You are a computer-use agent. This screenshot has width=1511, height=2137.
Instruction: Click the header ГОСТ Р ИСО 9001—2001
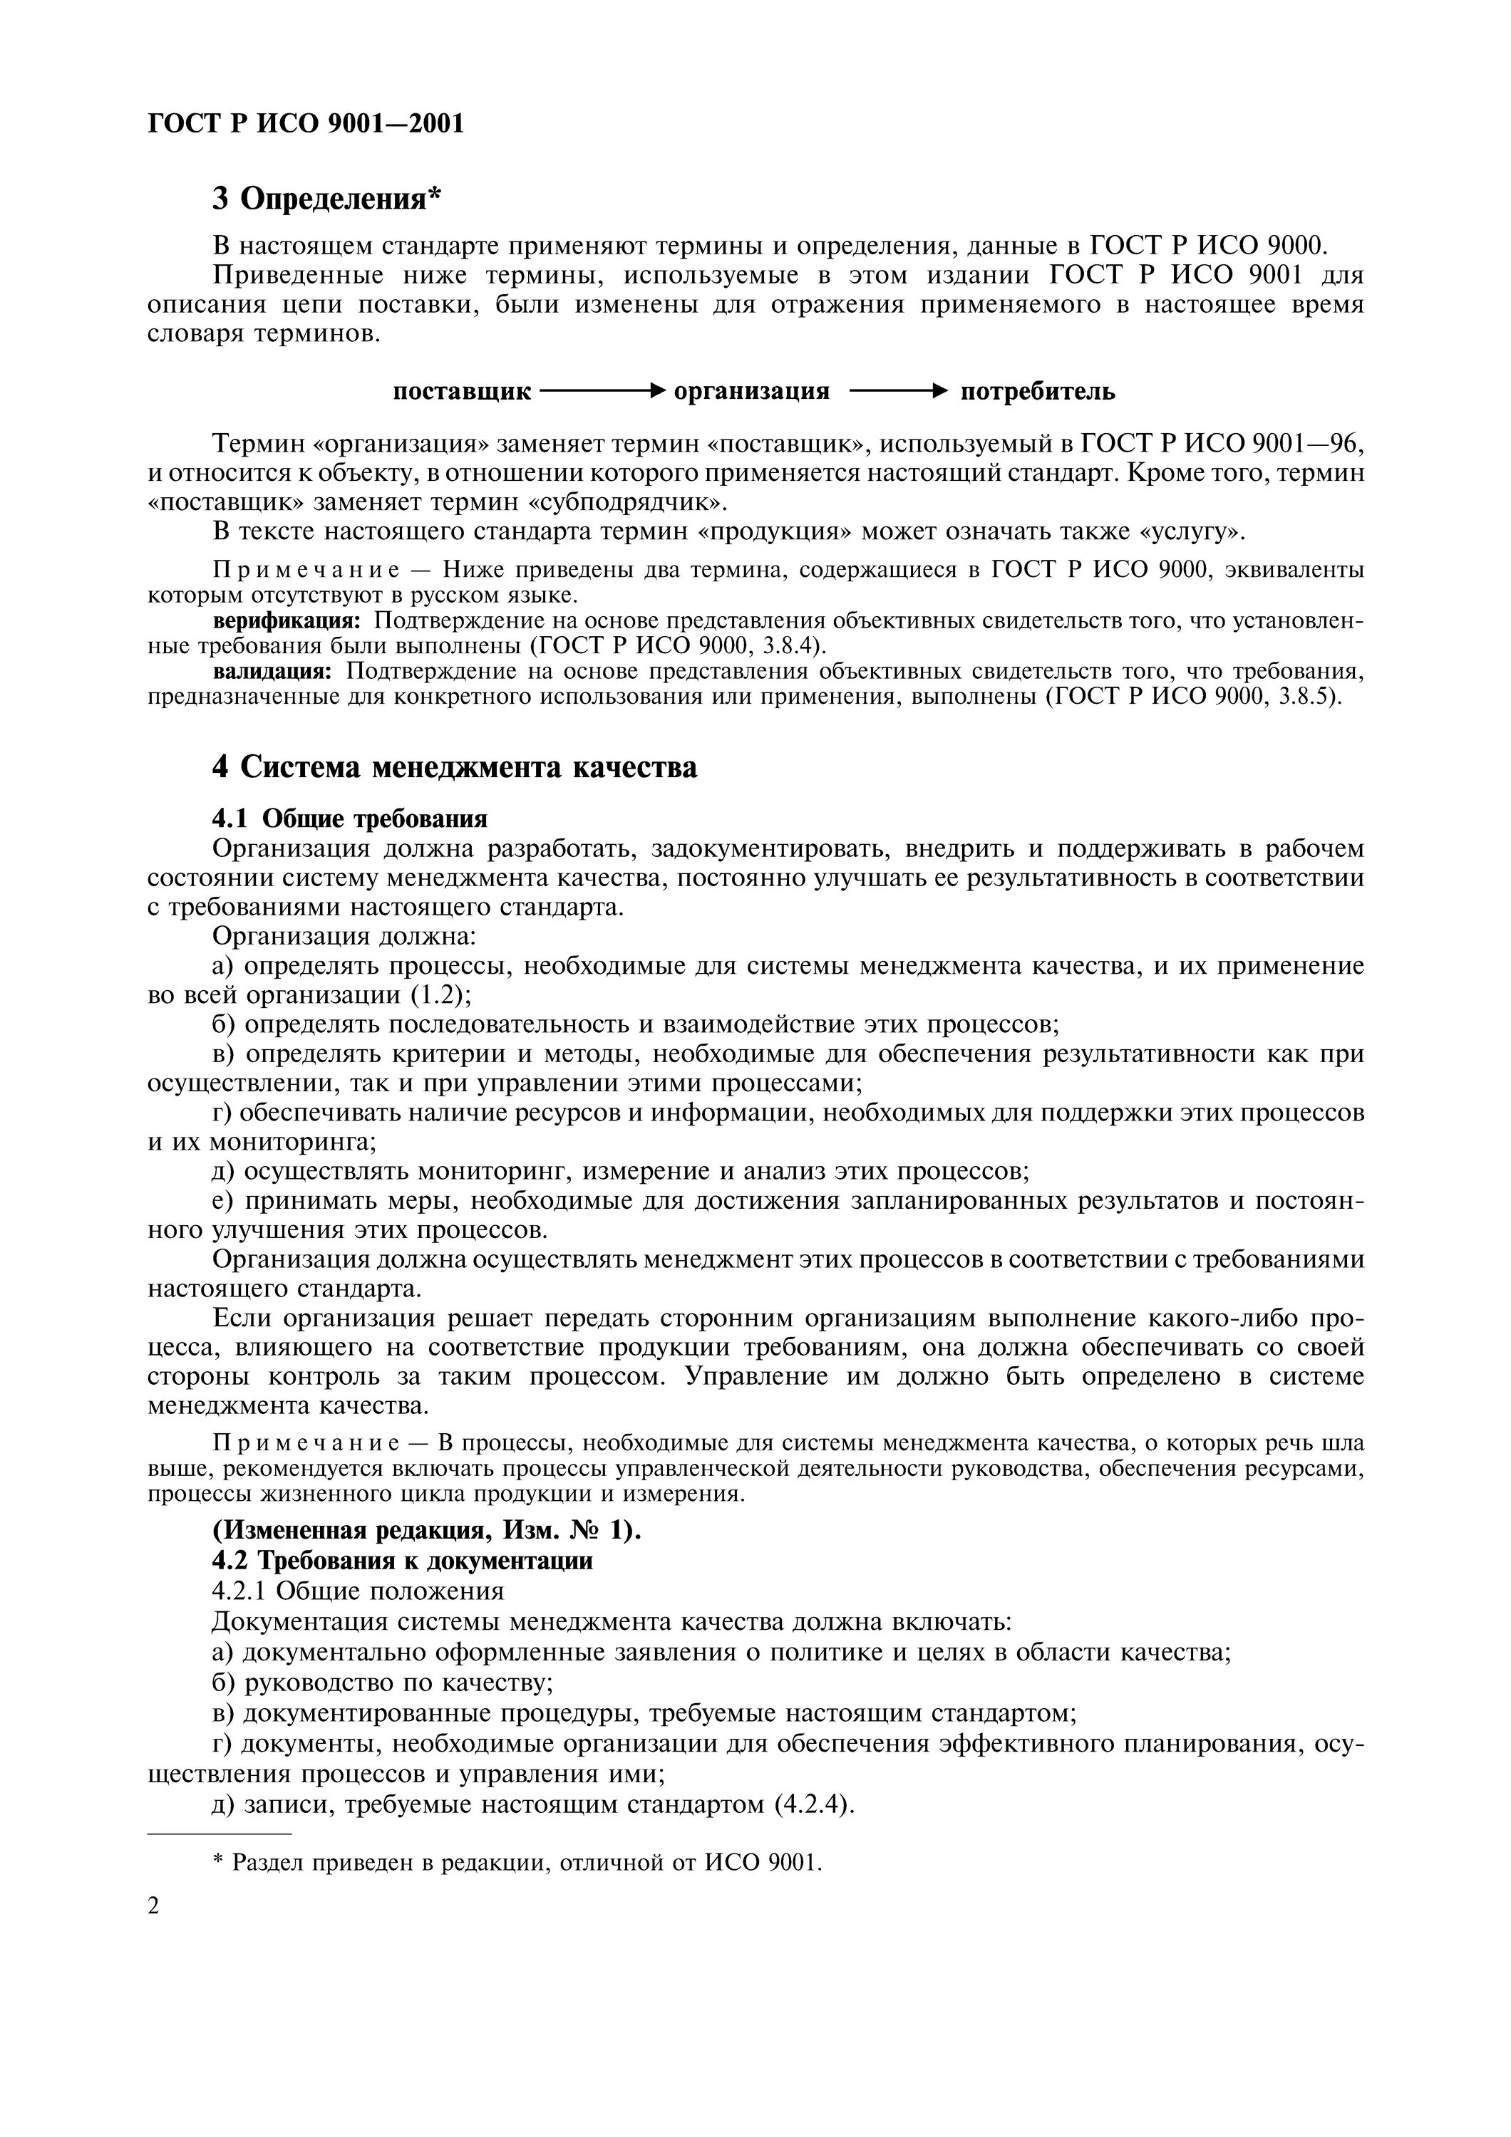click(x=305, y=124)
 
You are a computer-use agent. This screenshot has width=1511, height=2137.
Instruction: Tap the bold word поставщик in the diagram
click(x=462, y=391)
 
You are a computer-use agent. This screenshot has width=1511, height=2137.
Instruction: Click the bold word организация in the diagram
click(x=751, y=391)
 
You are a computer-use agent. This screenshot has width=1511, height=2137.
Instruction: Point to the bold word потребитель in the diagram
click(x=1037, y=391)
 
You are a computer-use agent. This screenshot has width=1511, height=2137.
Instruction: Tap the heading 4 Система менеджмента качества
click(x=454, y=767)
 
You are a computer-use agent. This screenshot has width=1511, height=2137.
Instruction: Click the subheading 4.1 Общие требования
click(x=350, y=818)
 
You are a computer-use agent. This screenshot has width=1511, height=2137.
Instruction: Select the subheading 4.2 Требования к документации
click(x=402, y=1560)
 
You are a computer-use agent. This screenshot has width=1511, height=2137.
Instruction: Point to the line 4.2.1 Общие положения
click(x=358, y=1590)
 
